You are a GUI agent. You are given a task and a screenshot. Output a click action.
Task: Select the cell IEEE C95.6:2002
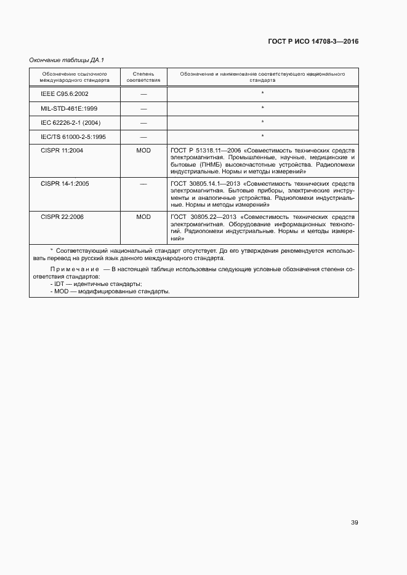click(x=60, y=93)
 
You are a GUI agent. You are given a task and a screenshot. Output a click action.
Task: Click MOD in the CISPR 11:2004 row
click(x=143, y=150)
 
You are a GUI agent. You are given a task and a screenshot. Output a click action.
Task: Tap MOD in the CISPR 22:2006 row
click(x=143, y=216)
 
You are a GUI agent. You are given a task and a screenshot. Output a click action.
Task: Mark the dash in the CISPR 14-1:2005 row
click(x=143, y=183)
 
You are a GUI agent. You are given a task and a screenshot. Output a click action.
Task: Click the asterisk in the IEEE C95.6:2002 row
click(x=262, y=93)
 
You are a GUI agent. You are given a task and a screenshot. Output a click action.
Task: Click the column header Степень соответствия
click(x=143, y=77)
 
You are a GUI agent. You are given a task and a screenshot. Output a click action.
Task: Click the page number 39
click(x=354, y=523)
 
